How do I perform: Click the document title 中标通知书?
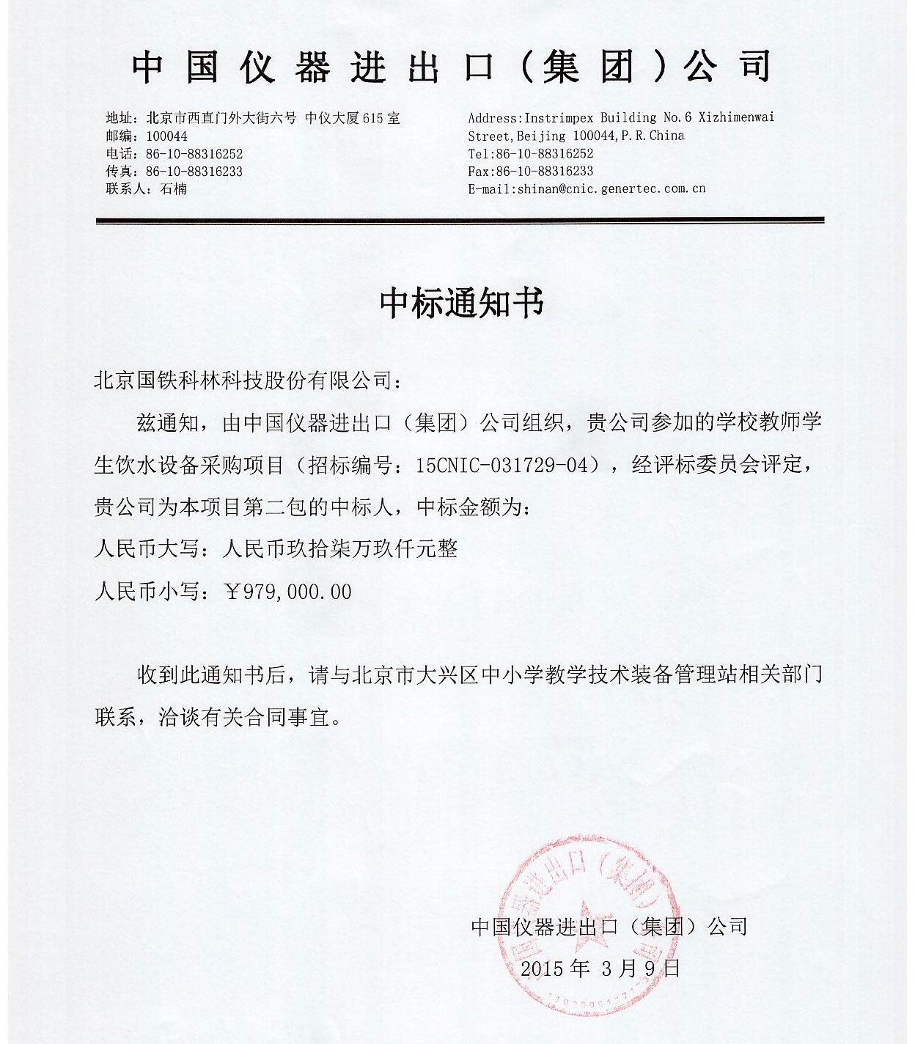tap(462, 303)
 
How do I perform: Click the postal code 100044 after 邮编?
tap(166, 136)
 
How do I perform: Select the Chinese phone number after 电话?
tap(194, 154)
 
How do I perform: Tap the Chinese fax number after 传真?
tap(194, 172)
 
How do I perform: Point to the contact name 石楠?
tap(173, 189)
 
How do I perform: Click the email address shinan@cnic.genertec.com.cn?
tap(611, 188)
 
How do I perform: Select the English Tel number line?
tap(531, 153)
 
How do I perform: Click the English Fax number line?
tap(531, 171)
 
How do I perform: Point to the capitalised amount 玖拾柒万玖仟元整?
tap(361, 549)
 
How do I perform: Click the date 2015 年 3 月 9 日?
tap(600, 968)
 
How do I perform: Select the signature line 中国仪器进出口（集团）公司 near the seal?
tap(609, 927)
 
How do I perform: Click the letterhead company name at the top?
tap(452, 68)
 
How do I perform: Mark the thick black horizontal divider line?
tap(460, 220)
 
